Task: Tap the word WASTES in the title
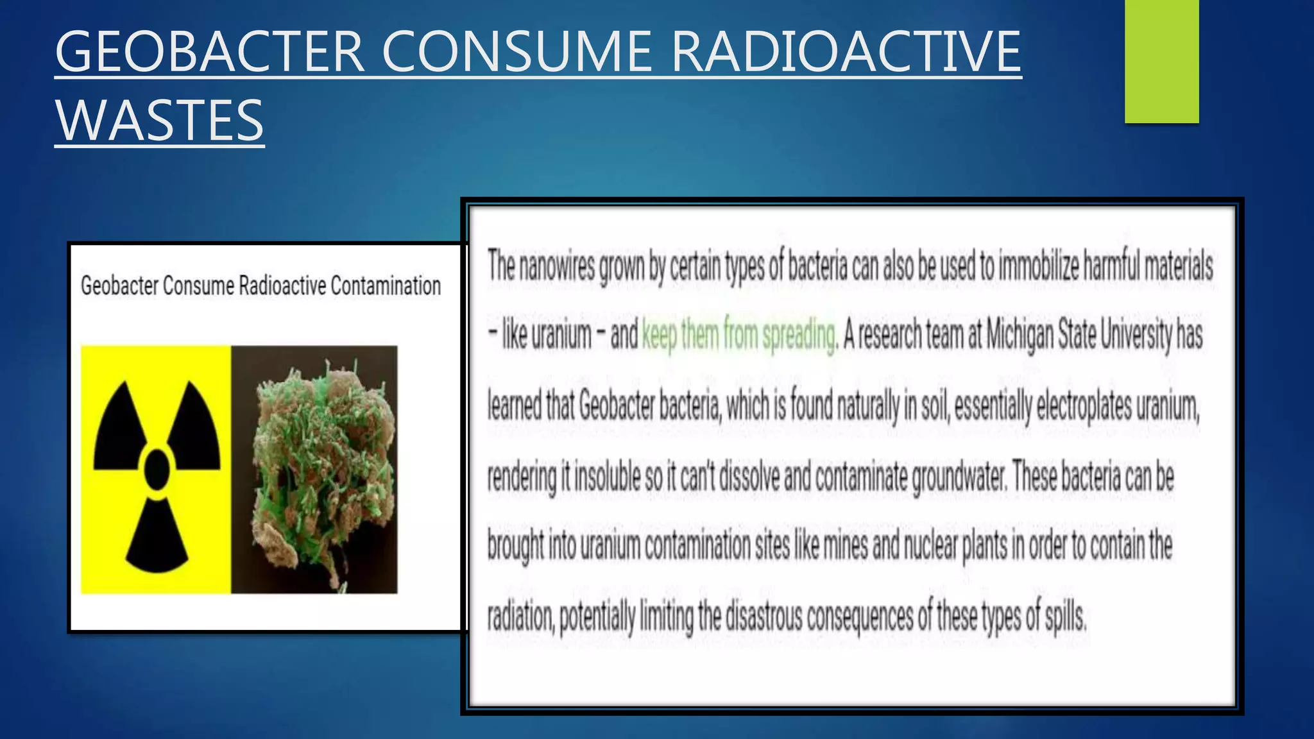(x=159, y=121)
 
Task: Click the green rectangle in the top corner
(x=1161, y=61)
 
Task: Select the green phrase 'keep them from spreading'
(x=739, y=336)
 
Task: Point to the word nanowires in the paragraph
(x=556, y=265)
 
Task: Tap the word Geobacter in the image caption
(x=119, y=286)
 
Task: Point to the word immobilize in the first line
(x=1039, y=265)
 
